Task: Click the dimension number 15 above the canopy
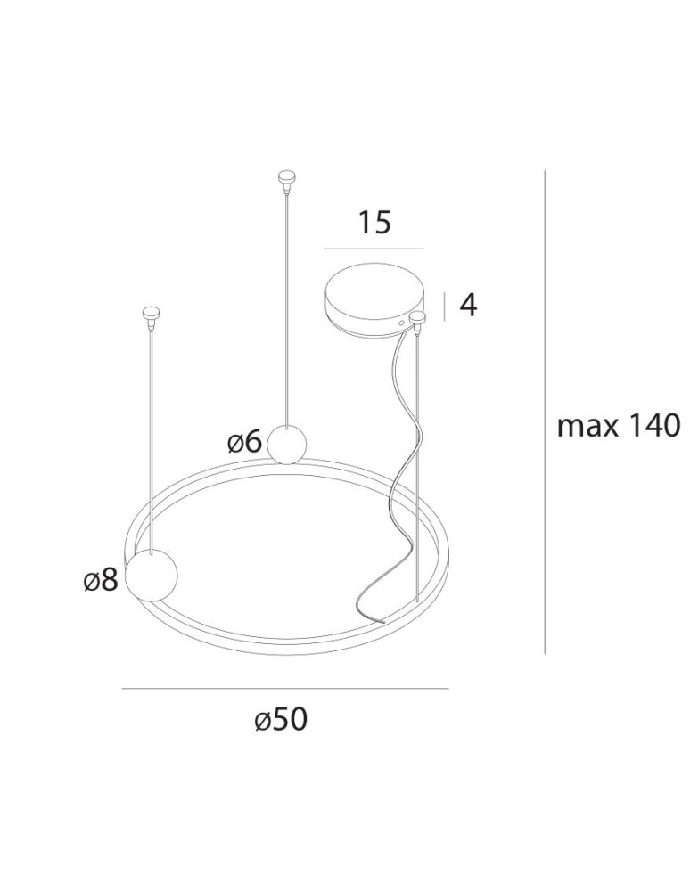point(374,222)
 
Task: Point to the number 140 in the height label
point(652,427)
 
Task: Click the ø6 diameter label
point(244,441)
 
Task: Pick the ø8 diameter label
point(100,581)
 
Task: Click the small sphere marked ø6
point(287,444)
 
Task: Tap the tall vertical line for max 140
point(544,410)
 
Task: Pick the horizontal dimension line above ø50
point(284,689)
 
